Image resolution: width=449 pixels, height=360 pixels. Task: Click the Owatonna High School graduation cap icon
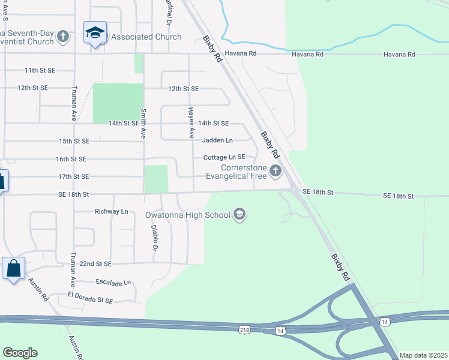click(240, 215)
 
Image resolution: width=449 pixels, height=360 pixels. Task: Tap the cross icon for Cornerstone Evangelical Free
click(276, 172)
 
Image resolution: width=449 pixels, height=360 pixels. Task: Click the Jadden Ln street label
click(217, 140)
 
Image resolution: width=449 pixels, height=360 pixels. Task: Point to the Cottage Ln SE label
click(224, 157)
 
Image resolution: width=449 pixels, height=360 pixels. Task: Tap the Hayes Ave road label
click(191, 122)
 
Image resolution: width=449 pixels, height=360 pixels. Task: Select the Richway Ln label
click(112, 212)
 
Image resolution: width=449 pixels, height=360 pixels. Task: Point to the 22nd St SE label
click(95, 263)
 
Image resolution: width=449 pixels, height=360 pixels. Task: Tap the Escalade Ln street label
click(113, 282)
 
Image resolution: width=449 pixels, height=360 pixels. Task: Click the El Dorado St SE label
click(82, 296)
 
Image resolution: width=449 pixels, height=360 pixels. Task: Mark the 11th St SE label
click(40, 70)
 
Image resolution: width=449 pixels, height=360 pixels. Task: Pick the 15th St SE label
click(74, 141)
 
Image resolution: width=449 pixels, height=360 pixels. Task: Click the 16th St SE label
click(71, 159)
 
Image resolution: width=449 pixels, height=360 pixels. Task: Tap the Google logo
click(20, 353)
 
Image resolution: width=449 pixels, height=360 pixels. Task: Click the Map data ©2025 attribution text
click(423, 355)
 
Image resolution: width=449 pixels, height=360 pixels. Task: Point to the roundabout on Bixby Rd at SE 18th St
click(294, 191)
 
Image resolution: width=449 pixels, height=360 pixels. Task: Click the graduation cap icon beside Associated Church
click(94, 34)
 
